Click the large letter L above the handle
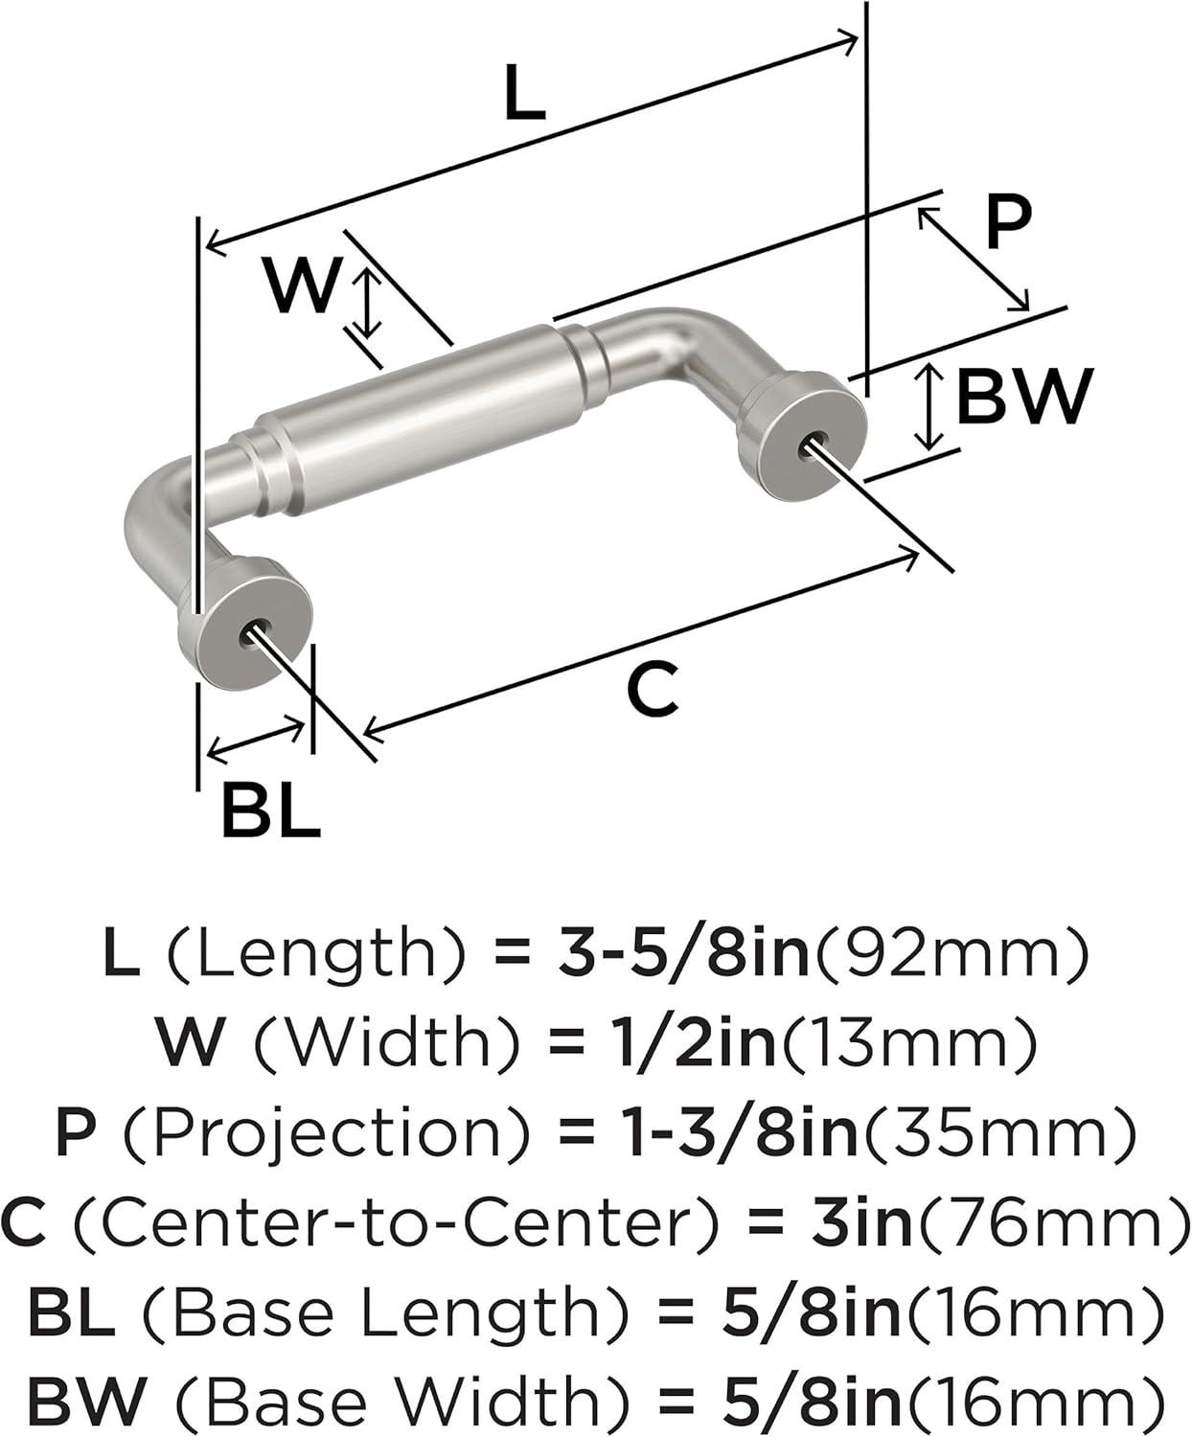pyautogui.click(x=524, y=93)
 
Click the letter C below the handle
pyautogui.click(x=653, y=688)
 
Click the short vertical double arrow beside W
pyautogui.click(x=370, y=304)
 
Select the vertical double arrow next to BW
pyautogui.click(x=930, y=407)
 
